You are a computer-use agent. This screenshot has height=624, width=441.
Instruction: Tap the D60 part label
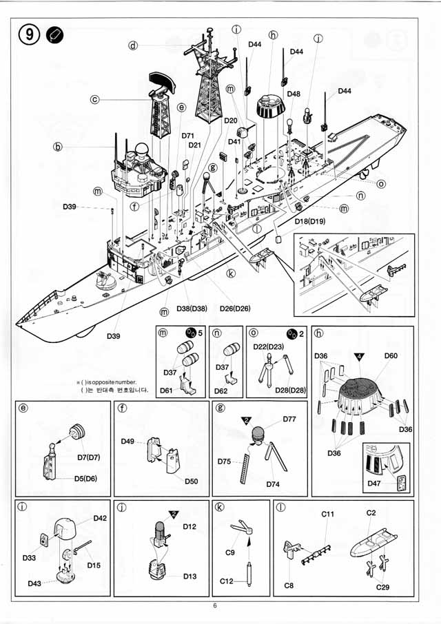click(391, 355)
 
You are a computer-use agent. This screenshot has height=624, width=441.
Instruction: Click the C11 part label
click(328, 514)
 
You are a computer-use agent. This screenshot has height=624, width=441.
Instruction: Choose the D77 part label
click(290, 419)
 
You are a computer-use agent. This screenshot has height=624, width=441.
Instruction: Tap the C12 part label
click(226, 581)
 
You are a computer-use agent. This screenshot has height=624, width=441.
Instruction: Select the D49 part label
click(128, 441)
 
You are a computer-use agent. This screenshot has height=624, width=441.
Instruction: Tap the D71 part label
click(189, 136)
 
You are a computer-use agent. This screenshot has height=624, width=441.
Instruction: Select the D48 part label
click(294, 94)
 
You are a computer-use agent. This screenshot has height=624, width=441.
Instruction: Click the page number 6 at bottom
click(215, 606)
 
